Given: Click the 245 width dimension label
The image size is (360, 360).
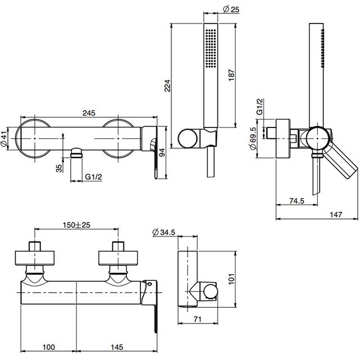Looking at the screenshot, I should click(x=88, y=113).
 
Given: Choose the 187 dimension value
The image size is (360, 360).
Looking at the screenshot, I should click(x=232, y=76).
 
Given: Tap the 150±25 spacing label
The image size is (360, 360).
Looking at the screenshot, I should click(x=77, y=225).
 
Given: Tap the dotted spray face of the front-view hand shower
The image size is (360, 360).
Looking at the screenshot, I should click(x=209, y=48).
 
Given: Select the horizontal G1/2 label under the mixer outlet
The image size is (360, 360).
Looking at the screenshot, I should click(x=94, y=178).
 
